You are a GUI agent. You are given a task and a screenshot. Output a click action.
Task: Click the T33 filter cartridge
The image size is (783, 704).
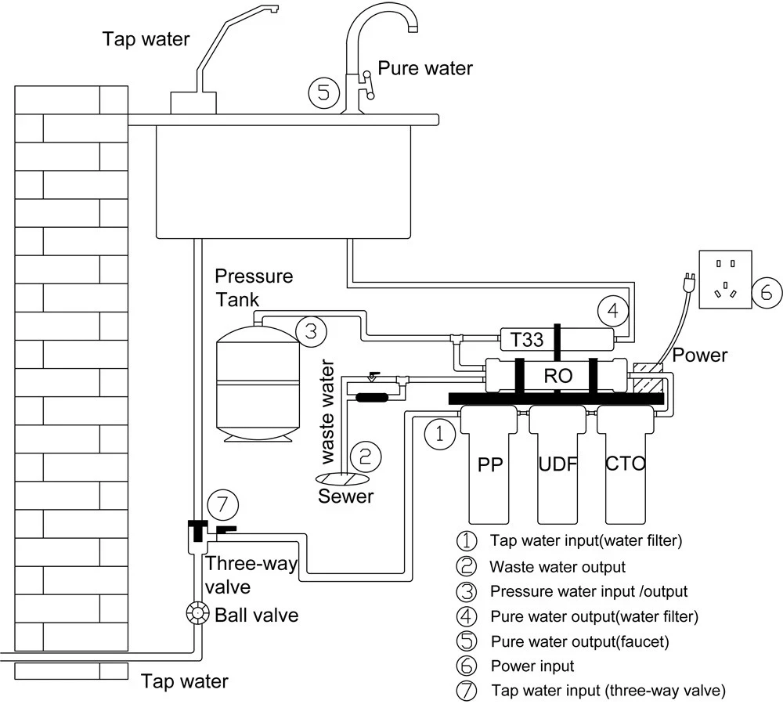click(557, 340)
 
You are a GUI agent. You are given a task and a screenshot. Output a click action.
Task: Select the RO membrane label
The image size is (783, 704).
click(557, 376)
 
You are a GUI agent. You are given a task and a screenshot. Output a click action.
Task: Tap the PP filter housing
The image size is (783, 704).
click(489, 464)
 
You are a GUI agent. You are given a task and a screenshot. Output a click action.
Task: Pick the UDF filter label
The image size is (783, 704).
click(557, 464)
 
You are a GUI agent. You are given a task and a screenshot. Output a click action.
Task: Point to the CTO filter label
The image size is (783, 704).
click(625, 464)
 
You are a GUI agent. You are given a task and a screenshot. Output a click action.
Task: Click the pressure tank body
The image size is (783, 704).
click(258, 384)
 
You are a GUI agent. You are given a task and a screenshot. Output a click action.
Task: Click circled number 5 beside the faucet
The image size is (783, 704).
click(323, 92)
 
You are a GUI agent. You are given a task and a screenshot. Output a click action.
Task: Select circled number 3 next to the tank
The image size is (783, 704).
click(311, 331)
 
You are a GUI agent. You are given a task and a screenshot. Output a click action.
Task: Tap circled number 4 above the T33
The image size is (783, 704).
click(613, 311)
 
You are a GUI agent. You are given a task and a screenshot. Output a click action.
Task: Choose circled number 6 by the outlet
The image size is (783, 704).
click(767, 292)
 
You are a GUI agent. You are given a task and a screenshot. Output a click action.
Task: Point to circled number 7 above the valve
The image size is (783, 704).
click(222, 505)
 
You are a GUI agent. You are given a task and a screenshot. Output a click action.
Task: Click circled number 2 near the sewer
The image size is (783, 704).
click(366, 457)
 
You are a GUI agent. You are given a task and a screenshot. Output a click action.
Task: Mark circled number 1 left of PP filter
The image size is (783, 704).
click(440, 433)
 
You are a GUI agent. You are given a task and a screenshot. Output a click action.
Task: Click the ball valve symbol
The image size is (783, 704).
click(197, 614)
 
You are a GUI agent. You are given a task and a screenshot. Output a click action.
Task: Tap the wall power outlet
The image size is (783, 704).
click(725, 280)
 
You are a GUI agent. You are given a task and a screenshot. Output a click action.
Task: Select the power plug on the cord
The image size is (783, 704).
click(689, 280)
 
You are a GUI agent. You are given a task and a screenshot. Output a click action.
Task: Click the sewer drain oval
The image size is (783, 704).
click(343, 478)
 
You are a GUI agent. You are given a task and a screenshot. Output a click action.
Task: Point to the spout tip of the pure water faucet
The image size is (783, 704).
click(413, 29)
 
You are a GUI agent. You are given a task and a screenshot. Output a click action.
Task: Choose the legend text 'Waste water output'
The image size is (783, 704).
click(557, 567)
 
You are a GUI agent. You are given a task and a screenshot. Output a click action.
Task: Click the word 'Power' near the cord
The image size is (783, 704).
click(699, 355)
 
